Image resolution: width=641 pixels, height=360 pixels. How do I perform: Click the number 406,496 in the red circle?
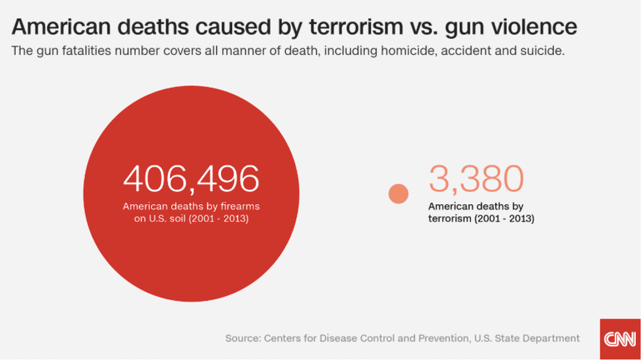click(x=191, y=179)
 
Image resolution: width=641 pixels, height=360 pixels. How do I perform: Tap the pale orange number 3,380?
click(x=476, y=178)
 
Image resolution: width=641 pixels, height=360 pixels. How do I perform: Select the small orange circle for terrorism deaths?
click(x=398, y=194)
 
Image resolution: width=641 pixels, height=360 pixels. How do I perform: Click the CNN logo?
click(x=620, y=339)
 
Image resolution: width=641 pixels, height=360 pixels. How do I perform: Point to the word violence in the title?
click(x=534, y=27)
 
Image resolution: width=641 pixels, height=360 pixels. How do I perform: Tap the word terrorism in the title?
click(x=356, y=27)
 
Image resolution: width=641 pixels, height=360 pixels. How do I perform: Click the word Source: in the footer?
click(x=243, y=338)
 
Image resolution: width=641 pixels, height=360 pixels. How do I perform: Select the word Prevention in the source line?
click(x=443, y=338)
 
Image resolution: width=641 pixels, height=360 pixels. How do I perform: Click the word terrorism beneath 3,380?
click(x=450, y=219)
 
